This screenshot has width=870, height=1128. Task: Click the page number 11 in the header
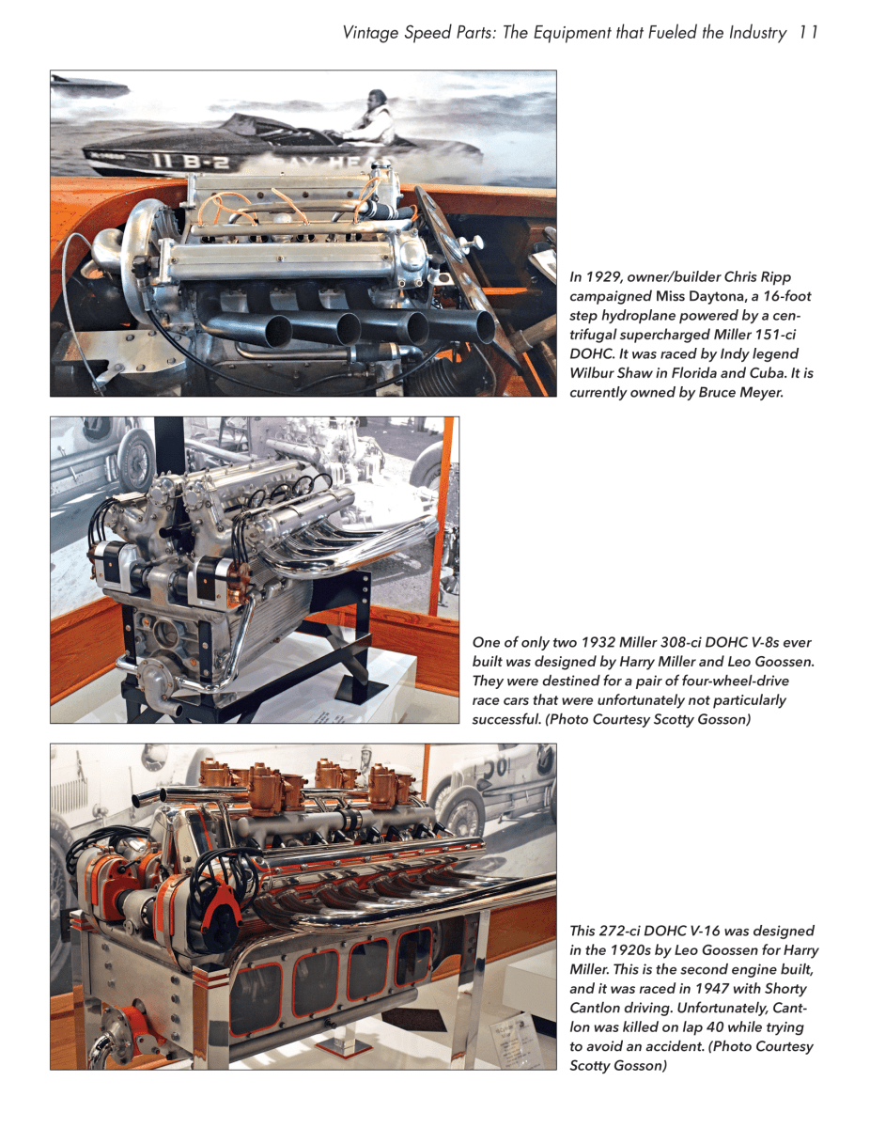(x=808, y=33)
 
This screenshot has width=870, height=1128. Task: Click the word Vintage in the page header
(x=372, y=33)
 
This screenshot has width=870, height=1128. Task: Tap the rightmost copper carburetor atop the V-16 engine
(x=386, y=784)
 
